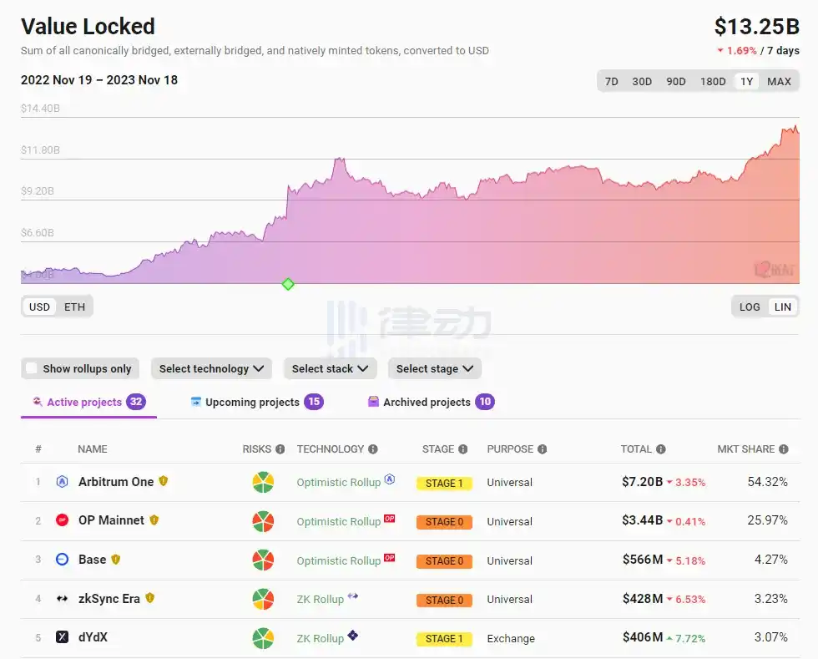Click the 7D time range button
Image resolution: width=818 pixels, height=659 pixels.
[612, 81]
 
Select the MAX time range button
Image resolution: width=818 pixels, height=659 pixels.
[779, 81]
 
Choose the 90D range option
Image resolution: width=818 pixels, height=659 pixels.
[676, 81]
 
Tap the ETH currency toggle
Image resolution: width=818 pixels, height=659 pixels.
[74, 307]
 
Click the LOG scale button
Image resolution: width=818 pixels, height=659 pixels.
[750, 307]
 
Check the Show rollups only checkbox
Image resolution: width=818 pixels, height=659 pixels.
[32, 368]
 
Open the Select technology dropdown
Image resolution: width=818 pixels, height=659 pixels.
[211, 368]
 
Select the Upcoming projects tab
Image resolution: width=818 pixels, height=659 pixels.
[252, 402]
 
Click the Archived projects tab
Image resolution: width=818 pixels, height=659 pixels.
[427, 402]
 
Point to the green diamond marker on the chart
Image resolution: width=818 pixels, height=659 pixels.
[288, 284]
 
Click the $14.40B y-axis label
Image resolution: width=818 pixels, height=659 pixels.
[40, 109]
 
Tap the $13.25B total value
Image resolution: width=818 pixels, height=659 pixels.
[756, 27]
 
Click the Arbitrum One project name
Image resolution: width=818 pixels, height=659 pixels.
[116, 482]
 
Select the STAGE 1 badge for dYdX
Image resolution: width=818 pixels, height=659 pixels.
[444, 639]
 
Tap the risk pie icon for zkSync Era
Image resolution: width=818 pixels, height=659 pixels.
[264, 600]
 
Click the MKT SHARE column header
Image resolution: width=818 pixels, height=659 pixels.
[746, 449]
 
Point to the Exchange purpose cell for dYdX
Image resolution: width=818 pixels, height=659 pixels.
[511, 639]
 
